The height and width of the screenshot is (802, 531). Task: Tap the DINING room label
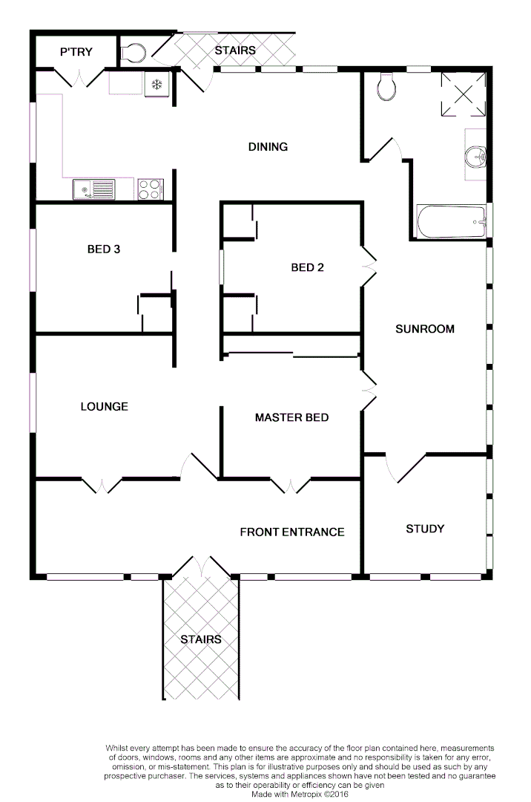coord(268,146)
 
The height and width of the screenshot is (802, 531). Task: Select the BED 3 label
coord(104,249)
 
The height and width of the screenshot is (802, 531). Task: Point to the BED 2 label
coord(307,267)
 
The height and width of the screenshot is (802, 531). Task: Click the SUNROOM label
coord(424,328)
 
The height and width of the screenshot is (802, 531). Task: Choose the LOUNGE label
coord(104,406)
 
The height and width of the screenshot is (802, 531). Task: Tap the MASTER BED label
coord(291,417)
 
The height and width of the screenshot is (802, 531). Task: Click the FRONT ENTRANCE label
coord(291,532)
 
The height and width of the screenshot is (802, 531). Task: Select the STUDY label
coord(425,529)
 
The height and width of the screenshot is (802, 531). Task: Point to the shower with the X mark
coord(463,94)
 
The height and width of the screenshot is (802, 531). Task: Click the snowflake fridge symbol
coord(156,84)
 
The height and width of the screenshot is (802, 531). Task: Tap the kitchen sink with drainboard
coord(93,190)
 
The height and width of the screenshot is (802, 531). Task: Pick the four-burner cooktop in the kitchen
coord(150,189)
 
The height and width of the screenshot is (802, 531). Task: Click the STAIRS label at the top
coord(235,50)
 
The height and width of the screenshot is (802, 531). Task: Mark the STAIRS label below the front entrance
coord(201,639)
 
